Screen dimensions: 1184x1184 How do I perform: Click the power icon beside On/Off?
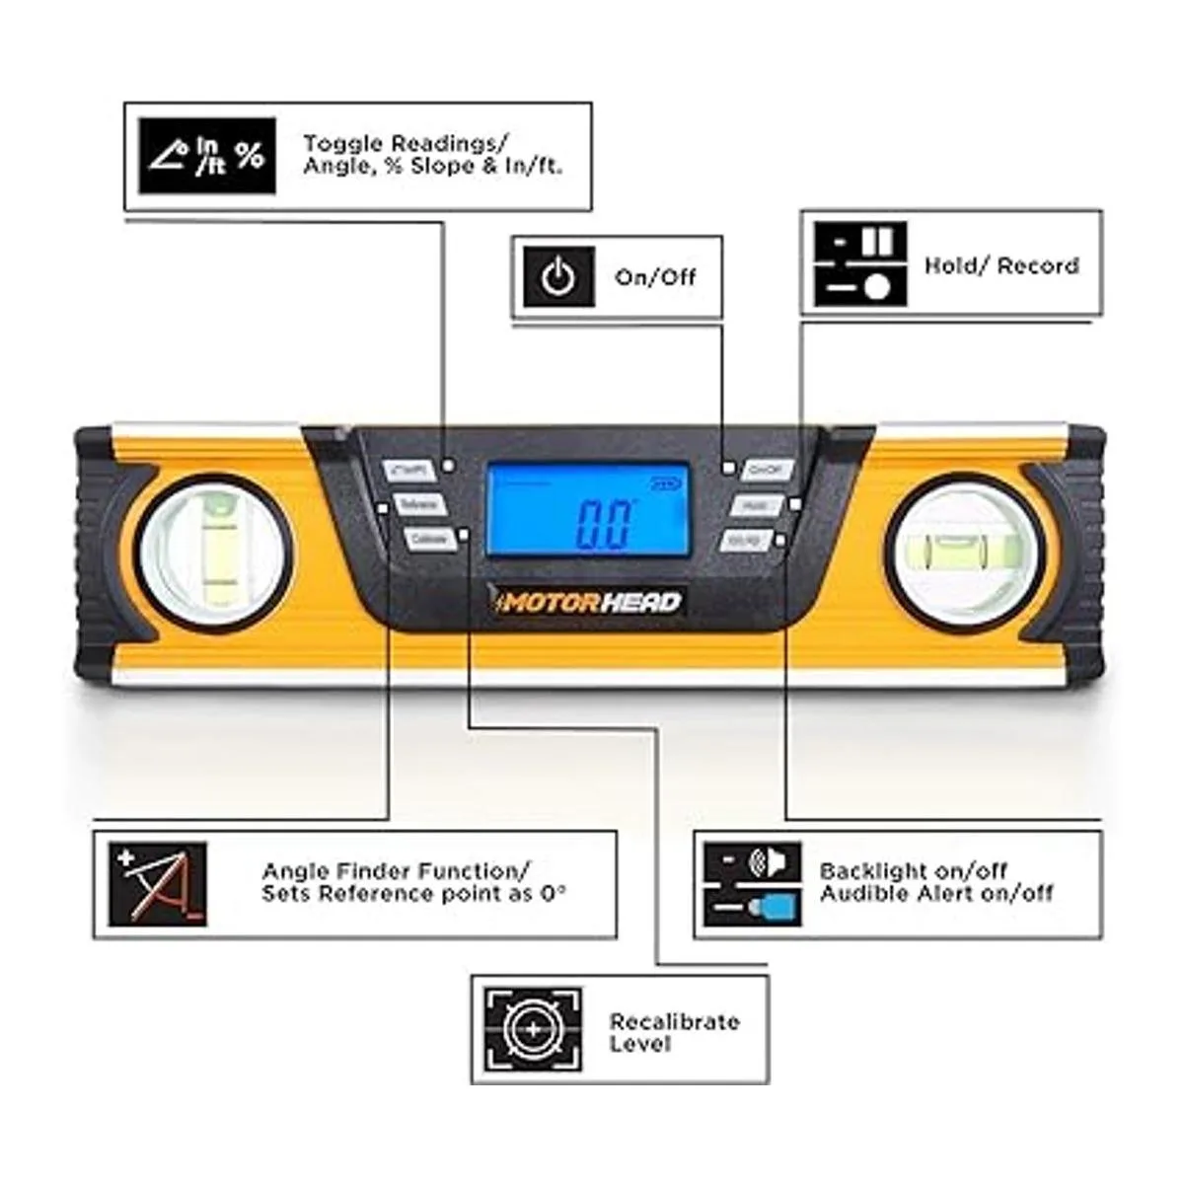(x=558, y=278)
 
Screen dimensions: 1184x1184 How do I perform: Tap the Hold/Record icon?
(x=859, y=263)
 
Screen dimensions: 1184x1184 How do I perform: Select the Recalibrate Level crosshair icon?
(x=533, y=1029)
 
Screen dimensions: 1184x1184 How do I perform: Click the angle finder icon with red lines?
(x=158, y=884)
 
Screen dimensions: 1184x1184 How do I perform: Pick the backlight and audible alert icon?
(x=752, y=884)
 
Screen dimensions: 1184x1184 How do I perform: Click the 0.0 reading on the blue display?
(x=602, y=524)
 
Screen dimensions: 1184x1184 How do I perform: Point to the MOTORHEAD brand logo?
(x=590, y=601)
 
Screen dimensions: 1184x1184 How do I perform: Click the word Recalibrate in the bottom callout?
(x=674, y=1021)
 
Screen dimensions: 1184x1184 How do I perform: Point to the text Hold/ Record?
(x=1000, y=265)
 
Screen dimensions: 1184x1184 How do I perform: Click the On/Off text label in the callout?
(x=655, y=277)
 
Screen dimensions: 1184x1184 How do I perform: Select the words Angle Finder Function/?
(x=396, y=871)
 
